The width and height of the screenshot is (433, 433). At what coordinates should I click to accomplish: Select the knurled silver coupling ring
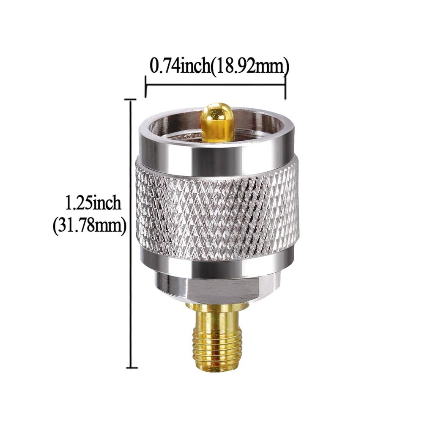click(217, 211)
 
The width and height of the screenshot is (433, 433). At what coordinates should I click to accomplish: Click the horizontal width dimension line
click(215, 85)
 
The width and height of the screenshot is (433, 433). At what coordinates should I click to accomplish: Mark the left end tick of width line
click(145, 86)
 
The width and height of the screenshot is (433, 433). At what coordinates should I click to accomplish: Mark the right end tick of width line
click(285, 86)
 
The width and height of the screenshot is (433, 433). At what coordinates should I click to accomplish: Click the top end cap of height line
click(131, 100)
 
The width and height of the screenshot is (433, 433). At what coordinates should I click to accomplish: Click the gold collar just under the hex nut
click(217, 308)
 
